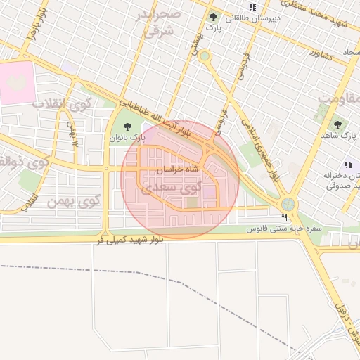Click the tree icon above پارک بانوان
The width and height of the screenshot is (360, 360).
pos(127,127)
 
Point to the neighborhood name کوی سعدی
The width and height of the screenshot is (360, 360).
pos(171,189)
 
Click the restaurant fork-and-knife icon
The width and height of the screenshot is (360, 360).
pos(284,218)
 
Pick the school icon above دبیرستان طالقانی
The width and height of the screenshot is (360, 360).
pos(252,7)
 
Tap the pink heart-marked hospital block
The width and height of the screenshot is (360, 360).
pos(17,83)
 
